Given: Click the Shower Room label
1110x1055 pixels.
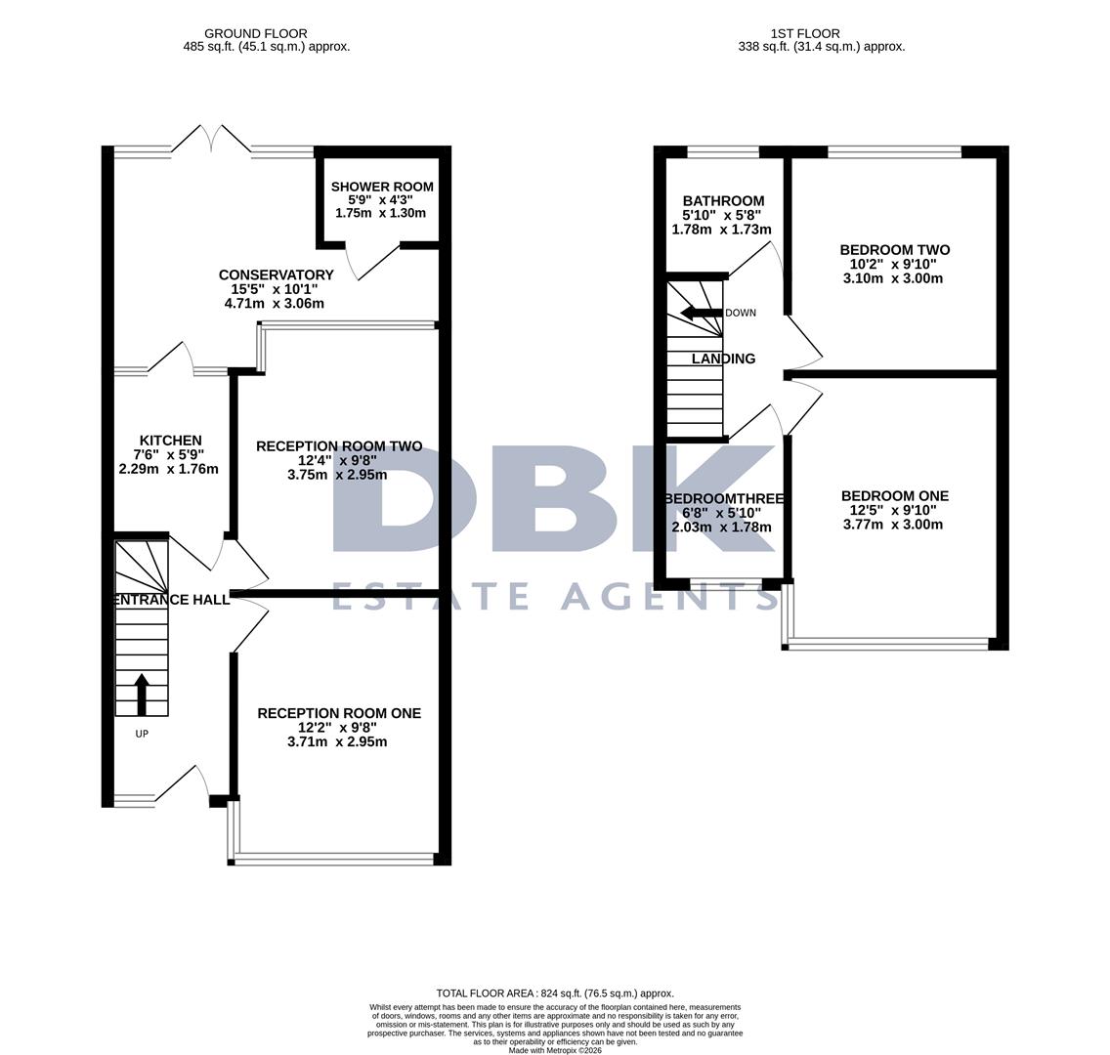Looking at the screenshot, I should click(381, 187).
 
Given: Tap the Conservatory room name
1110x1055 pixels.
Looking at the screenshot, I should click(276, 274).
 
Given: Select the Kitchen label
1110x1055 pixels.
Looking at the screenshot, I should click(170, 441).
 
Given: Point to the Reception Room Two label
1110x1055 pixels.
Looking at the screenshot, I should click(339, 446).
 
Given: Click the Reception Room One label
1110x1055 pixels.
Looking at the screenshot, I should click(339, 713).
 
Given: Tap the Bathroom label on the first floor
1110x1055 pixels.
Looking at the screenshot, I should click(723, 201).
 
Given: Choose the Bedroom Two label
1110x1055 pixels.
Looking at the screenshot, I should click(894, 250).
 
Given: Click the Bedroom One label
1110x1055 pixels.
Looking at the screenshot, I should click(894, 496).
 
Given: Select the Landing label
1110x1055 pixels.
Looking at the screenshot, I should click(723, 359).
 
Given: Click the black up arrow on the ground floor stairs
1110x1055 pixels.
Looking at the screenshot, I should click(142, 693).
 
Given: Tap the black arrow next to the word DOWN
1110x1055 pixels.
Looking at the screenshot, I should click(701, 313).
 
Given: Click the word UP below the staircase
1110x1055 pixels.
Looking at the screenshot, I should click(142, 734).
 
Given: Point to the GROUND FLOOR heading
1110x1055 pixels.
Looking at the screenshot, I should click(256, 33).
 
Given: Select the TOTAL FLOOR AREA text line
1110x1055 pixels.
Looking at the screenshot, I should click(555, 993).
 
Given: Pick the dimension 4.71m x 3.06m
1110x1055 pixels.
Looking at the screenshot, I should click(275, 304).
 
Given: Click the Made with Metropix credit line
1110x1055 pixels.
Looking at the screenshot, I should click(555, 1050).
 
